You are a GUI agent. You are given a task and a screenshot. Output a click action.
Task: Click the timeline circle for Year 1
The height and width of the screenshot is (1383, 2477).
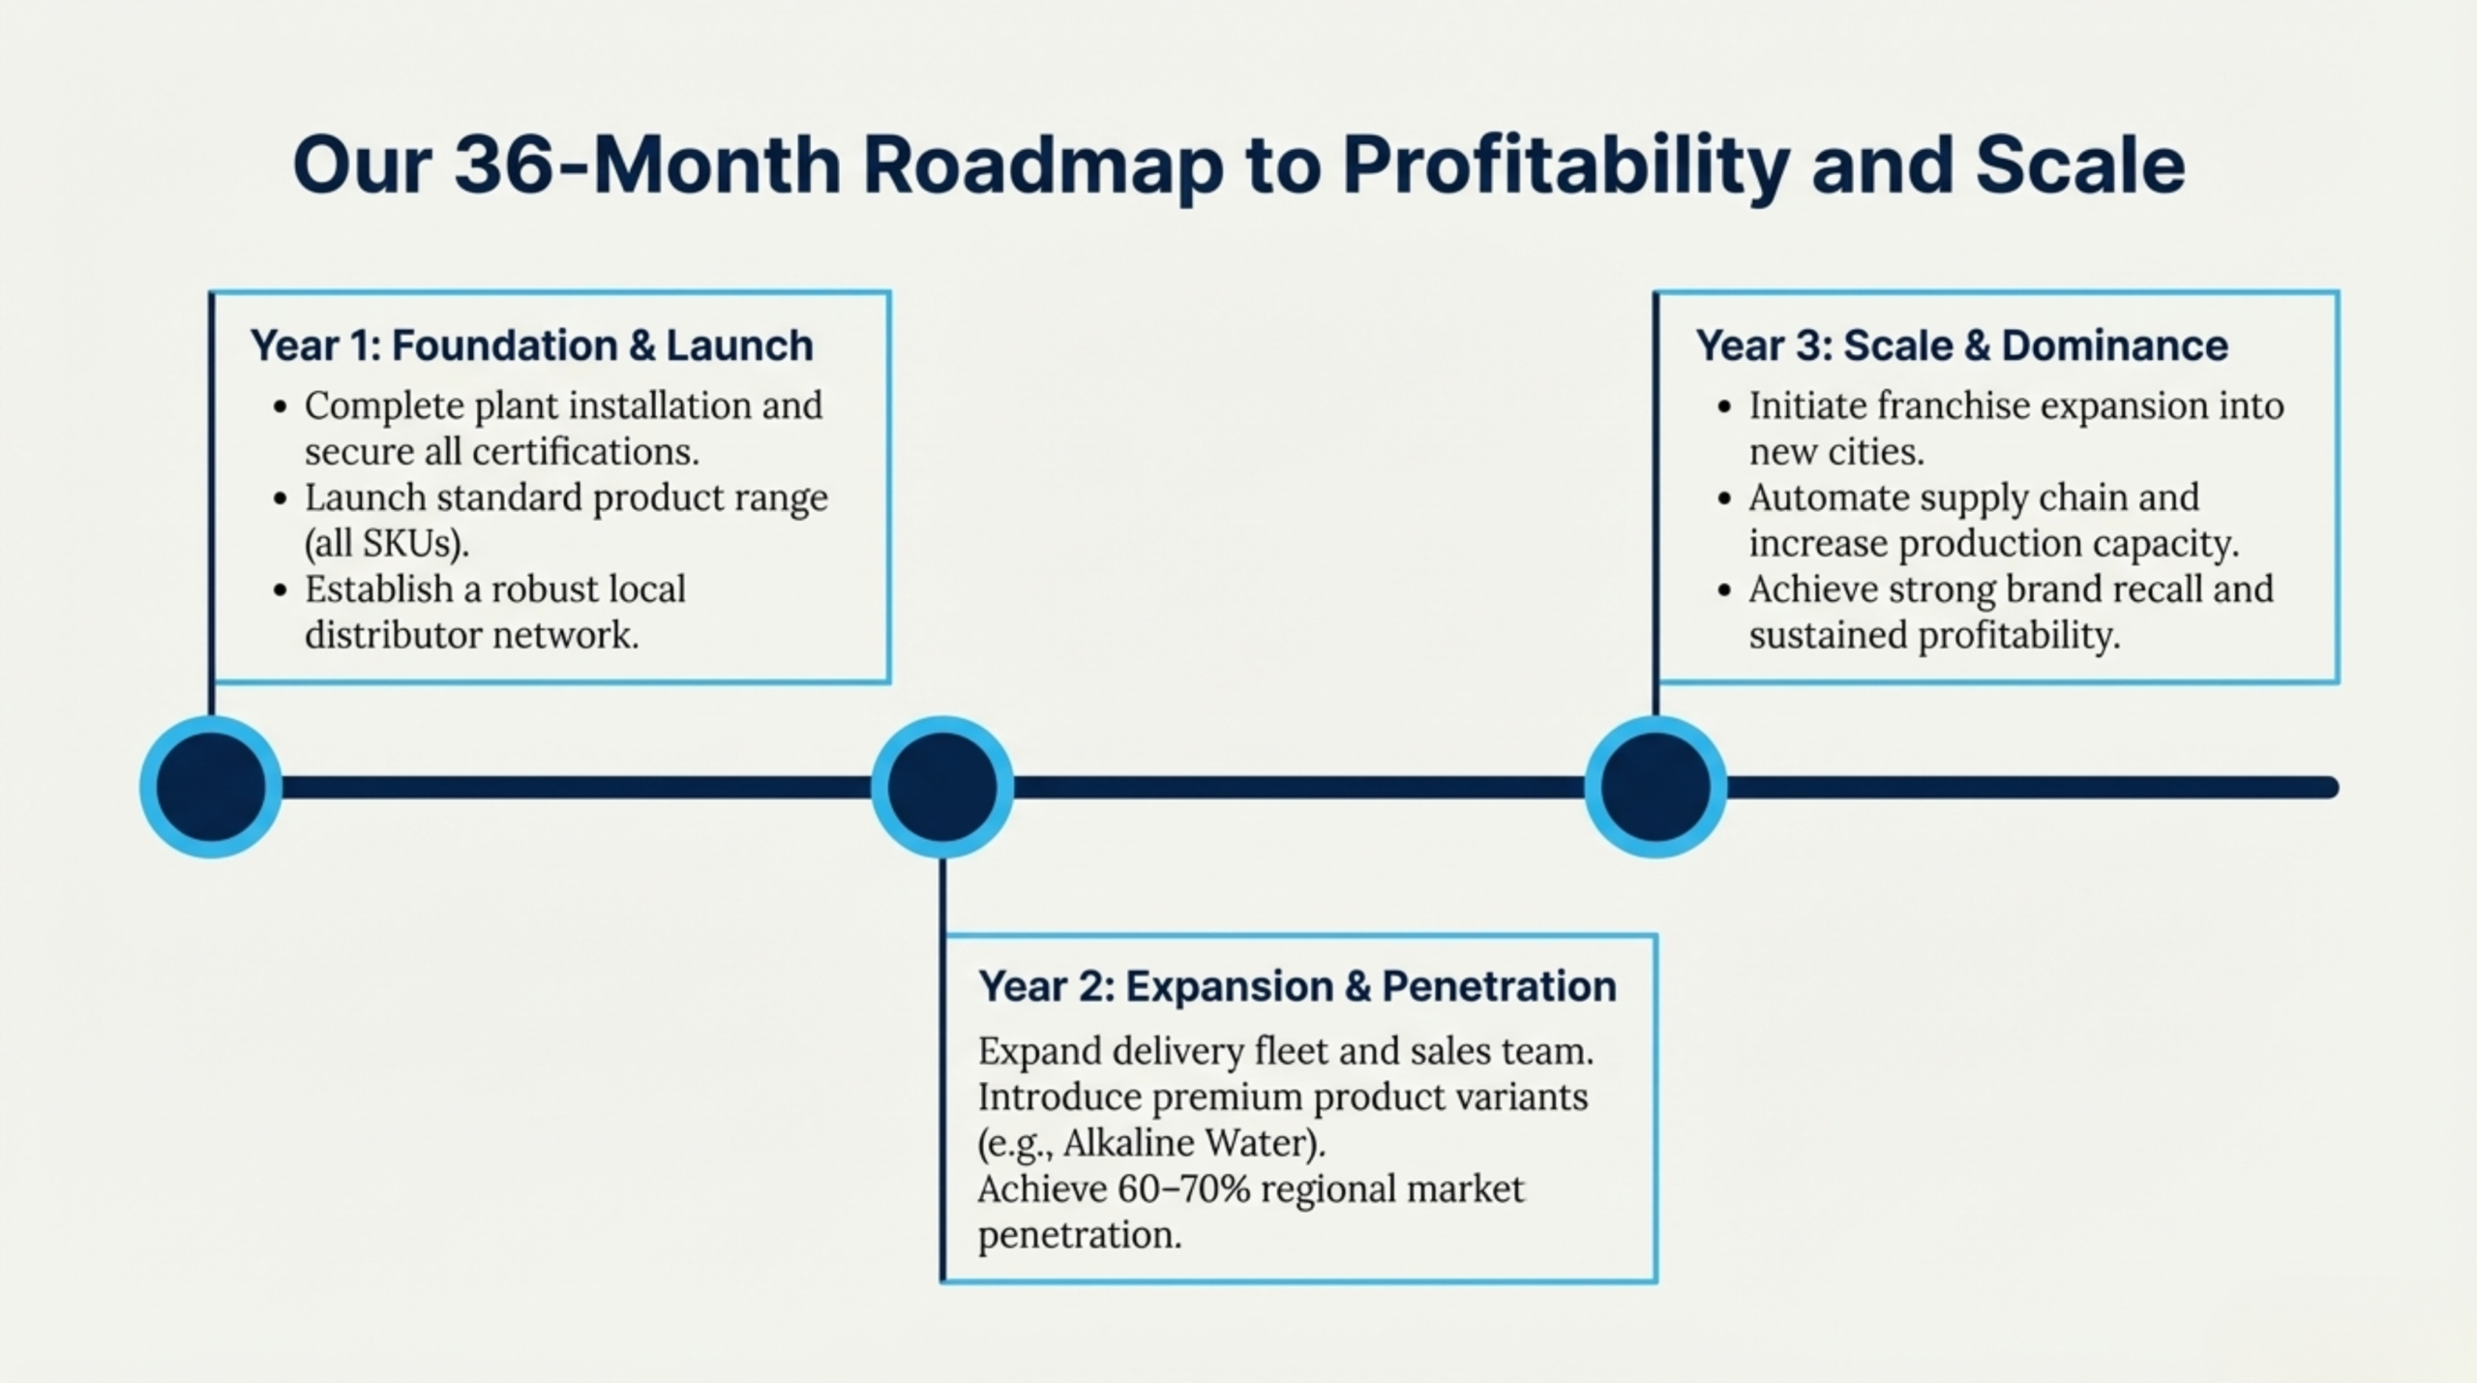click(211, 787)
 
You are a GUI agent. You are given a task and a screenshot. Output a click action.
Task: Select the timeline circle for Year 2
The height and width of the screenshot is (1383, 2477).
click(942, 787)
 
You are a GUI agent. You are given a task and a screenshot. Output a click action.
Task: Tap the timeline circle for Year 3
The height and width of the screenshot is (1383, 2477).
click(1656, 787)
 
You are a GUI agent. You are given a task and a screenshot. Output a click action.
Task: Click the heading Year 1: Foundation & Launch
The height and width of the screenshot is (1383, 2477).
click(531, 346)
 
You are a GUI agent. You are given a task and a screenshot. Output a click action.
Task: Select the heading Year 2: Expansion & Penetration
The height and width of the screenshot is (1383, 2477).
click(1298, 986)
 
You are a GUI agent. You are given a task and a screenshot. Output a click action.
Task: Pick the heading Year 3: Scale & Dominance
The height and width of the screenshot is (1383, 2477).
click(1961, 346)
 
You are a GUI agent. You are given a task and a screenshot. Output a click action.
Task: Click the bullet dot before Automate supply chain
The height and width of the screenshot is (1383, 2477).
click(1723, 499)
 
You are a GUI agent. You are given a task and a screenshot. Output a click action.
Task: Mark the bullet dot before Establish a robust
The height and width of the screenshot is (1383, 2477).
click(281, 590)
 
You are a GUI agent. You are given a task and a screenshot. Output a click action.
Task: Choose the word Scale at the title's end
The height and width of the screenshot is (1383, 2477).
click(2080, 165)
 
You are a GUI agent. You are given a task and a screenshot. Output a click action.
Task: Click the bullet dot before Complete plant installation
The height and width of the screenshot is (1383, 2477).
click(281, 407)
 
